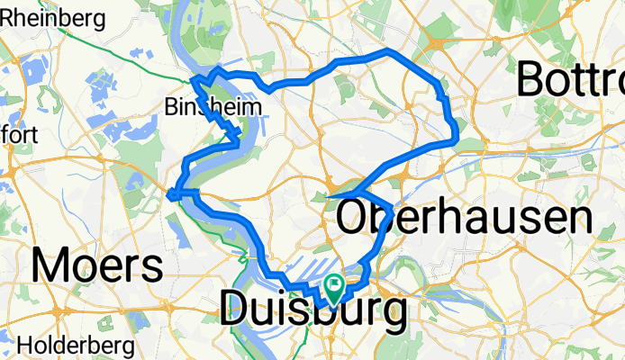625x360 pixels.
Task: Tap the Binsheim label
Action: (214, 108)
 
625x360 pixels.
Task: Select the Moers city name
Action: (98, 265)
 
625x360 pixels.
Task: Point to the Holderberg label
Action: (76, 345)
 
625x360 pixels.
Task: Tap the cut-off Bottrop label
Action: (571, 83)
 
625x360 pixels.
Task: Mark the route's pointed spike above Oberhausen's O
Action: (330, 194)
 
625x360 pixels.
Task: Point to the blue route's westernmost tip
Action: (169, 191)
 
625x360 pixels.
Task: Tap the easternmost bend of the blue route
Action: (456, 138)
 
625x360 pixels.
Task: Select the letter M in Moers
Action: (50, 265)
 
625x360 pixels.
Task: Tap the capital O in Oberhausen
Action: (355, 219)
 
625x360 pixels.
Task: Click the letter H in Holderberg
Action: (24, 345)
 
